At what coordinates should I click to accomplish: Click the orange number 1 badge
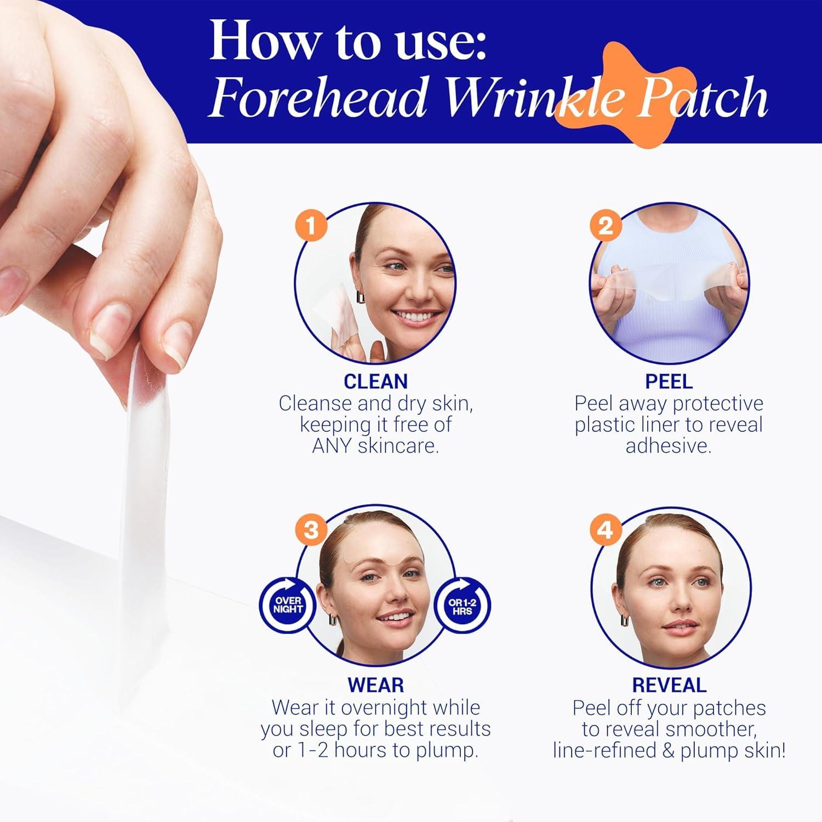pyautogui.click(x=311, y=226)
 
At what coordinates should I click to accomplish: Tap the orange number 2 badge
pyautogui.click(x=605, y=226)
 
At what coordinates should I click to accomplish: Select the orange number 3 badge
pyautogui.click(x=311, y=530)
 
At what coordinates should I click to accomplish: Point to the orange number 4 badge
pyautogui.click(x=605, y=530)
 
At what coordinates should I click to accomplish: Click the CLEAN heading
pyautogui.click(x=375, y=381)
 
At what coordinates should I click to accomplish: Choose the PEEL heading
pyautogui.click(x=669, y=381)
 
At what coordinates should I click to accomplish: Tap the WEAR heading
pyautogui.click(x=375, y=685)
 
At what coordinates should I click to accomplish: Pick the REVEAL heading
pyautogui.click(x=669, y=685)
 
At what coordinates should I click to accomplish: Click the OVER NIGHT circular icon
pyautogui.click(x=288, y=605)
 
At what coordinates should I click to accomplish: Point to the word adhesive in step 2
pyautogui.click(x=669, y=446)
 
